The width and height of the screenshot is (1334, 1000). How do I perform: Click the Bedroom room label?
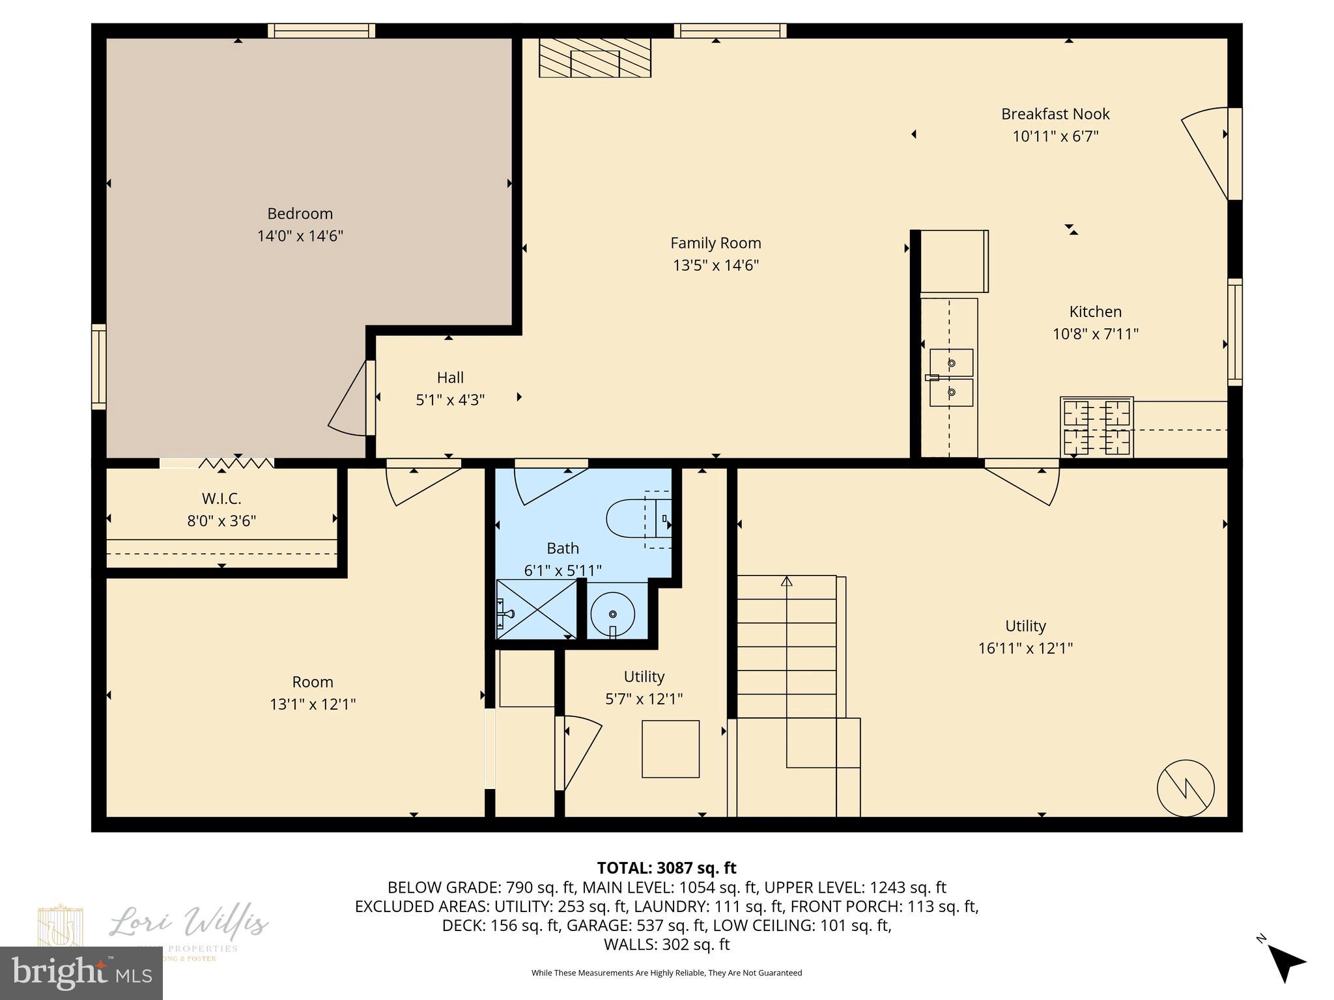[x=300, y=214]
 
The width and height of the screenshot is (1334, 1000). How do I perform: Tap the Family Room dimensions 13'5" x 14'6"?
[x=715, y=266]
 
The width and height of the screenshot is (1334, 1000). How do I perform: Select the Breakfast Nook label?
[x=1055, y=114]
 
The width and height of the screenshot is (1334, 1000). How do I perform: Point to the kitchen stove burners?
[x=1096, y=427]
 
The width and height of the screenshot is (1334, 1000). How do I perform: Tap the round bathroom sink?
[x=612, y=613]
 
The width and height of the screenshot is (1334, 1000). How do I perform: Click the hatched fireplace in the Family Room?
[x=595, y=58]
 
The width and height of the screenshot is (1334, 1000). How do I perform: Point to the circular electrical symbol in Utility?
[x=1185, y=788]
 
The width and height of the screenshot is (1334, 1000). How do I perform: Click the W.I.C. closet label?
[x=221, y=499]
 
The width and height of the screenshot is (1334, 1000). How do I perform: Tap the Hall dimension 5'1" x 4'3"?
[x=450, y=400]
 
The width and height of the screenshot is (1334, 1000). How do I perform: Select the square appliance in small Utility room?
[x=670, y=749]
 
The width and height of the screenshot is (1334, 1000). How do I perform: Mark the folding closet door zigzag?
[x=236, y=463]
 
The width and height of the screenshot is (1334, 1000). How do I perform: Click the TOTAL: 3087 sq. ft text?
[x=666, y=868]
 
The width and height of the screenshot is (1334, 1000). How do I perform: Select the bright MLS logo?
[x=81, y=973]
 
